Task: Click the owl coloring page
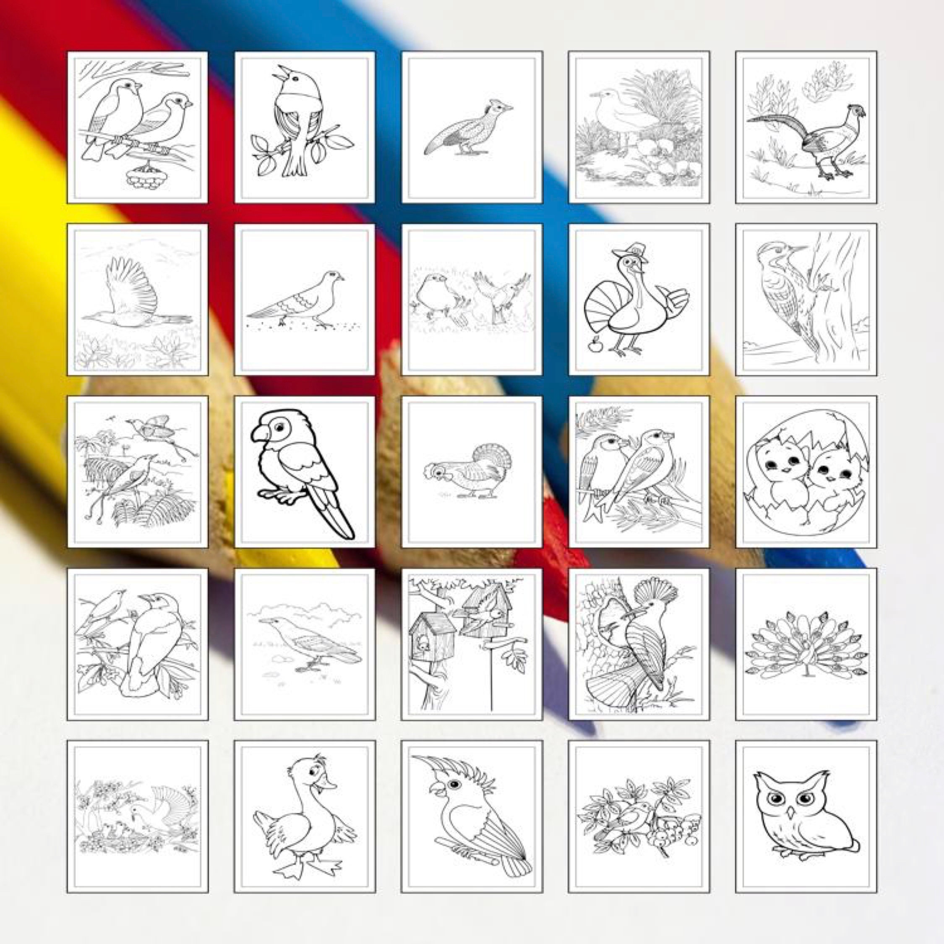tap(806, 815)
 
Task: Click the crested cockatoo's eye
tap(454, 784)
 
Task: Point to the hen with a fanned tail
tap(469, 472)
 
